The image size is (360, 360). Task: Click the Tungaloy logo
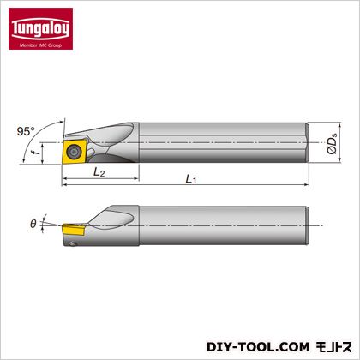click(40, 28)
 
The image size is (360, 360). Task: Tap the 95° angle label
click(26, 132)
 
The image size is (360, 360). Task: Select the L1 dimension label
click(191, 179)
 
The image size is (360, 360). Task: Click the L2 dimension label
click(99, 172)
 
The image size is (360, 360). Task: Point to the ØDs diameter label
click(332, 143)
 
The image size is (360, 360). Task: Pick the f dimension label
click(36, 152)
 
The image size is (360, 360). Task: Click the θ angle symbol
click(33, 224)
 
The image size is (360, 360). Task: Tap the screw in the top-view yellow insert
click(74, 150)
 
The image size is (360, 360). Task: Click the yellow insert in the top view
click(75, 151)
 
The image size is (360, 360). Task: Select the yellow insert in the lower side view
click(73, 230)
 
